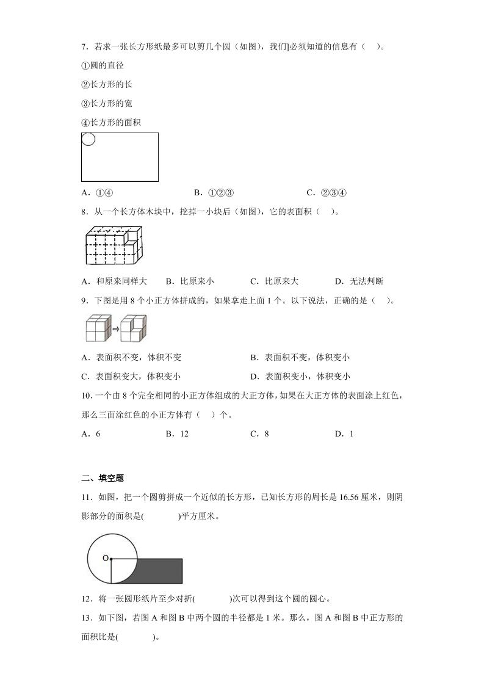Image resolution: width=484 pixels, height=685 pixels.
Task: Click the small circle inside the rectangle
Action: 88,139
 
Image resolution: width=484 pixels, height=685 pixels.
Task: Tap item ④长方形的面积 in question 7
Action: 111,122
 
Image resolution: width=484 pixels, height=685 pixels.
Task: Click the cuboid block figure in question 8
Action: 114,246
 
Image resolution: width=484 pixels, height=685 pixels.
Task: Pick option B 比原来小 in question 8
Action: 189,281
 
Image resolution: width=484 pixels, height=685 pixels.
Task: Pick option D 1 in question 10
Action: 344,433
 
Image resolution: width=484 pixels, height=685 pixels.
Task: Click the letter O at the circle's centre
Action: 105,558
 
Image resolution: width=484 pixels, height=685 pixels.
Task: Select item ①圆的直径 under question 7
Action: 103,65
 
